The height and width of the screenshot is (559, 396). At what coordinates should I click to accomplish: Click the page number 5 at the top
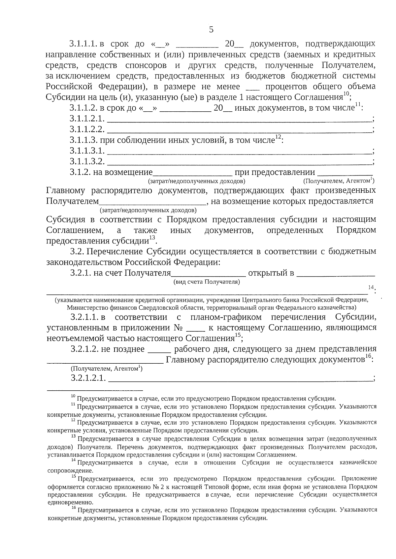point(211,30)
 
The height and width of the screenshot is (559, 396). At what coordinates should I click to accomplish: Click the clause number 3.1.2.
point(80,172)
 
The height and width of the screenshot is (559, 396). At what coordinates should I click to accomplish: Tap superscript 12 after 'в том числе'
point(278,137)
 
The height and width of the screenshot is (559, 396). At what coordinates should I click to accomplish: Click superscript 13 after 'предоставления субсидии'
point(152,238)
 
